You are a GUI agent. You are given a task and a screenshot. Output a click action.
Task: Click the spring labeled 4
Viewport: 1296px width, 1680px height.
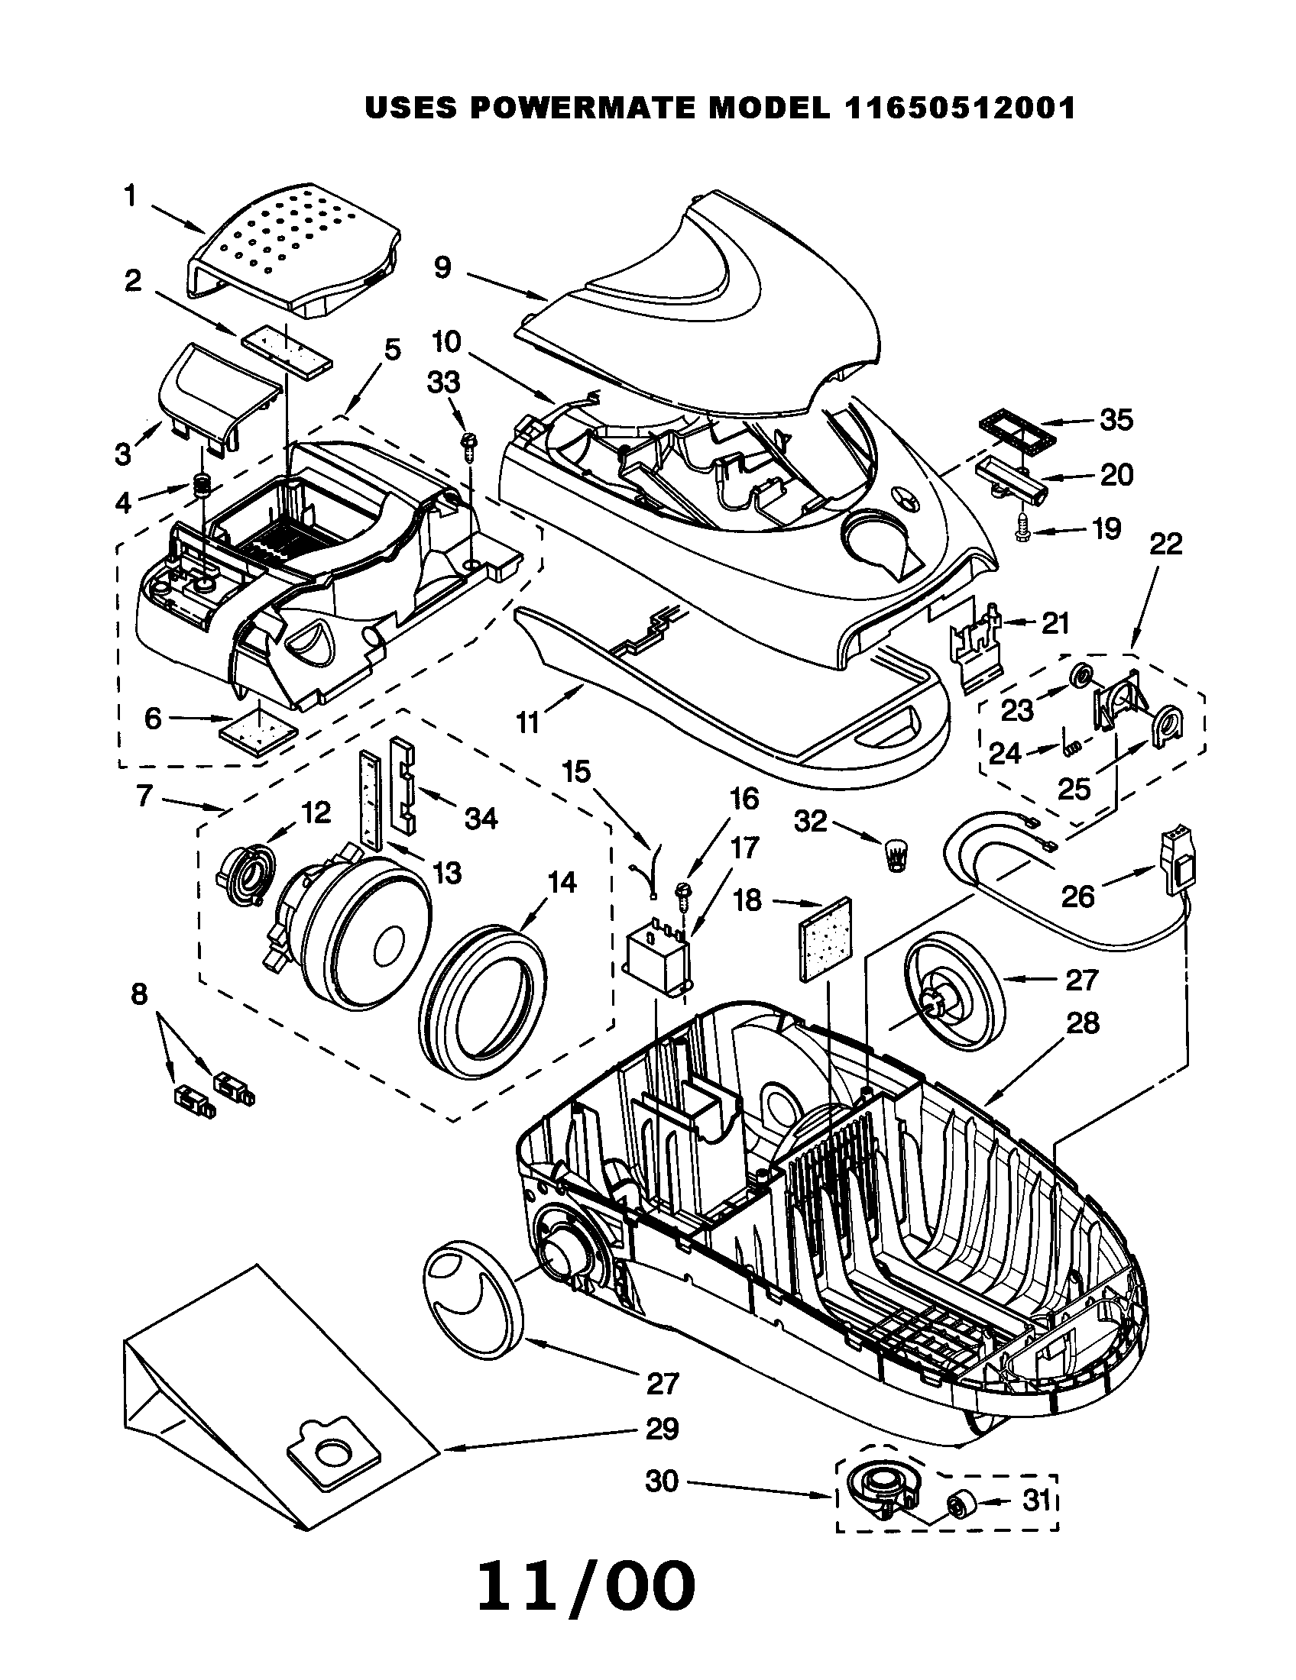pos(202,486)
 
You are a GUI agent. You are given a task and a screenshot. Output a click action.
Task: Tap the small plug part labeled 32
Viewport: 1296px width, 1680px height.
pos(894,855)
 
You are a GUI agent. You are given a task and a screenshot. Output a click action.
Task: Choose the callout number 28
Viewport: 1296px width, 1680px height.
pos(1082,1024)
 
